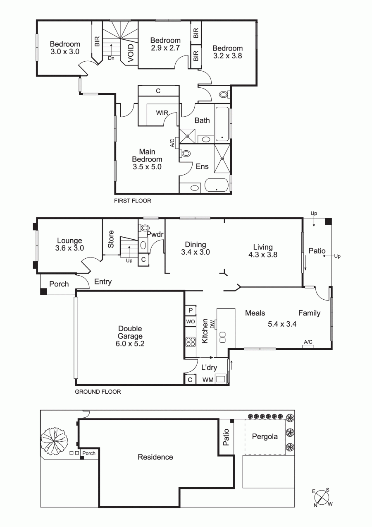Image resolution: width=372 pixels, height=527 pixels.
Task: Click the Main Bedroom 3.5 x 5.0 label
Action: click(x=147, y=159)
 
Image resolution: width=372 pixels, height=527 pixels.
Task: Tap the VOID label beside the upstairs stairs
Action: click(x=131, y=53)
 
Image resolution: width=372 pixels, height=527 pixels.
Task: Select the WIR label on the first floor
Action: click(x=162, y=113)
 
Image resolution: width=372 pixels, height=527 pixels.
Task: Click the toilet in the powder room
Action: click(x=145, y=227)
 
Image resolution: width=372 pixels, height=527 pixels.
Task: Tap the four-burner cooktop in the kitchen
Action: click(x=191, y=342)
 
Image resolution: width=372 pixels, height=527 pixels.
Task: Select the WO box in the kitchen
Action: click(x=191, y=321)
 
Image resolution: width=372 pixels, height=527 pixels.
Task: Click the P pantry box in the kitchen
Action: click(x=191, y=310)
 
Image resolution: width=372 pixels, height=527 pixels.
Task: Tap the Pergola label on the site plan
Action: click(x=265, y=436)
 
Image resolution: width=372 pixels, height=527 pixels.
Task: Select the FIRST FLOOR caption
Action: click(x=133, y=201)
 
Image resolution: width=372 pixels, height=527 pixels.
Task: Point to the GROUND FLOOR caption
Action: click(x=98, y=392)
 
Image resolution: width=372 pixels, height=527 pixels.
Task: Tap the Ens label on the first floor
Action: click(x=202, y=167)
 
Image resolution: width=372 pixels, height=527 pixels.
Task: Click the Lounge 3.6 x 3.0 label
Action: click(x=69, y=244)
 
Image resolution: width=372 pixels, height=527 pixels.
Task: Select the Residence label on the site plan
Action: click(x=155, y=457)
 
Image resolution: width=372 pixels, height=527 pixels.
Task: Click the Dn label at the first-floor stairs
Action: click(x=111, y=58)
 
